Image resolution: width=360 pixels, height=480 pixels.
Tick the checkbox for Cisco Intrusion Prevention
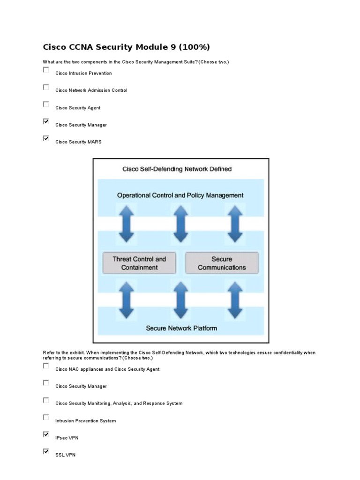click(46, 70)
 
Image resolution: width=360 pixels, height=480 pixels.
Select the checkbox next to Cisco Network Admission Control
click(46, 87)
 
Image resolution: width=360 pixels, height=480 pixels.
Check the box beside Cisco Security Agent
click(46, 104)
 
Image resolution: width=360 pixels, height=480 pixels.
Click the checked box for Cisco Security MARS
click(46, 138)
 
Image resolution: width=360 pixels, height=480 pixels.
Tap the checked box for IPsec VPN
click(46, 435)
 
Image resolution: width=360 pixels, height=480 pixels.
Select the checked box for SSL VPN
click(46, 451)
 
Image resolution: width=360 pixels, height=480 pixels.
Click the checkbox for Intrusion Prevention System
click(46, 417)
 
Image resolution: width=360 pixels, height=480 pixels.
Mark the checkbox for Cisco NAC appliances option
click(46, 366)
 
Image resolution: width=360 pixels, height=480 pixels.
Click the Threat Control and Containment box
click(139, 263)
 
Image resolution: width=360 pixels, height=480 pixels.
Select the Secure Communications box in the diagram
click(222, 263)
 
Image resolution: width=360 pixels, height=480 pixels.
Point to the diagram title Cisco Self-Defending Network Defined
click(177, 169)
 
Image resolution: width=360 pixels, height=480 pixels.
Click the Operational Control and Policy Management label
click(180, 195)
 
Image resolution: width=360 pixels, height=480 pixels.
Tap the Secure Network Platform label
click(181, 328)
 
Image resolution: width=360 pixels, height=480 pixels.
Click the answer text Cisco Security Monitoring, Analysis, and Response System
click(119, 403)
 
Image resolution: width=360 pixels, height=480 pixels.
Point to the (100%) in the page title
click(192, 47)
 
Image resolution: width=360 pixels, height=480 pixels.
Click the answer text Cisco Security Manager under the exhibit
click(81, 386)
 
